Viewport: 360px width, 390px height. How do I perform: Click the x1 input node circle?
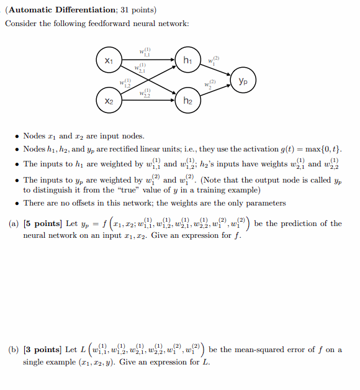(109, 60)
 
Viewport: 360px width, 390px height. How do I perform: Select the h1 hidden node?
(188, 60)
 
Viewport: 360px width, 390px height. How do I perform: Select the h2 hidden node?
(188, 100)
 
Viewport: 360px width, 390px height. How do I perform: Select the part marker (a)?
(12, 224)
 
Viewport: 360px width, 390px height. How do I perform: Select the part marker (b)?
(12, 350)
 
